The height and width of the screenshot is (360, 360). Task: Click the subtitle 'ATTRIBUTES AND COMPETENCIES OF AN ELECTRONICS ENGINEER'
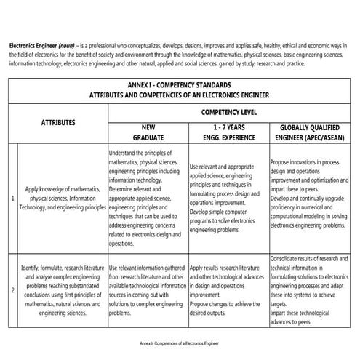[180, 95]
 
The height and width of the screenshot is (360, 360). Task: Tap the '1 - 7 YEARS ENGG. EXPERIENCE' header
[228, 132]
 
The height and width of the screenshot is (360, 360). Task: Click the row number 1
[12, 198]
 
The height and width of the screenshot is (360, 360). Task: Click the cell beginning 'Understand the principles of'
[147, 198]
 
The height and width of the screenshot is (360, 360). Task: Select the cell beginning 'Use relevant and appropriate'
[228, 198]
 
